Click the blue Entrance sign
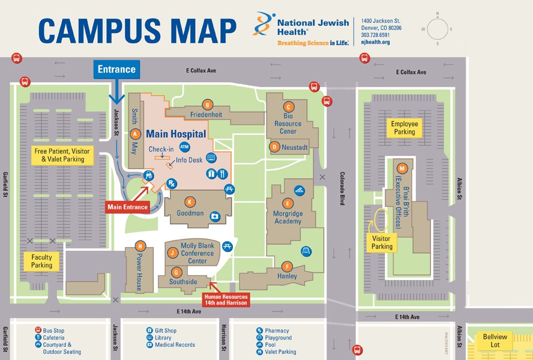117,69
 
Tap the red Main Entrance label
127,207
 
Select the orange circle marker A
136,134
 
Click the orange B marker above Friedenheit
207,104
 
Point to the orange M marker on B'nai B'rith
402,168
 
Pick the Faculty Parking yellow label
41,261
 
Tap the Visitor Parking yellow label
382,242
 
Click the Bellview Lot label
495,340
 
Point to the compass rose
437,28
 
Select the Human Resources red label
225,299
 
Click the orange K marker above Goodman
190,202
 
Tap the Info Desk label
189,160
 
